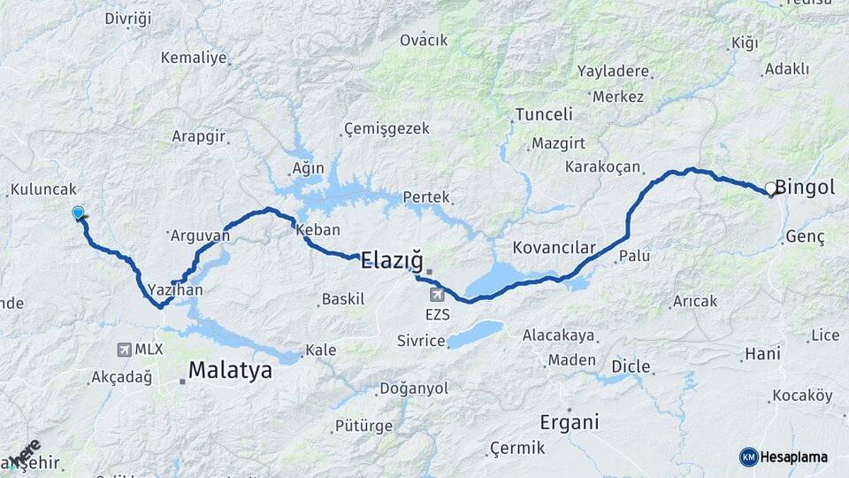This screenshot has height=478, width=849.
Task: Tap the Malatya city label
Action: point(229,371)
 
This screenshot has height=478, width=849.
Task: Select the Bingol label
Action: point(806,187)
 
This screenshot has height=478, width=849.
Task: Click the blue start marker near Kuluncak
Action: point(78,212)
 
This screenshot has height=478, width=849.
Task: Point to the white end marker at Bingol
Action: point(770,189)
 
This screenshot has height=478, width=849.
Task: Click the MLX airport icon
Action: point(123,350)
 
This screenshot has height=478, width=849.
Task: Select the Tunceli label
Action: point(544,114)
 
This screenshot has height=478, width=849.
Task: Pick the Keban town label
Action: point(318,229)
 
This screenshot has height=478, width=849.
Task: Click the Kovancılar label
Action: point(555,248)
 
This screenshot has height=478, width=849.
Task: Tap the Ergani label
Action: point(570,421)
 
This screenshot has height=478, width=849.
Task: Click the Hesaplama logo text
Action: point(794,458)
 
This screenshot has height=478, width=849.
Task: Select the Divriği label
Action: point(128,19)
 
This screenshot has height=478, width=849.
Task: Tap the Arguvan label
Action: point(193,235)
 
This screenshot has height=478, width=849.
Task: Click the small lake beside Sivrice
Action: point(476,335)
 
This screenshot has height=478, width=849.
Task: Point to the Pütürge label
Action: point(363,426)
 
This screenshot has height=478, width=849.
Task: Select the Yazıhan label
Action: point(176,289)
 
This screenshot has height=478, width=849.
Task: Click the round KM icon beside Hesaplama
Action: point(748,457)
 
